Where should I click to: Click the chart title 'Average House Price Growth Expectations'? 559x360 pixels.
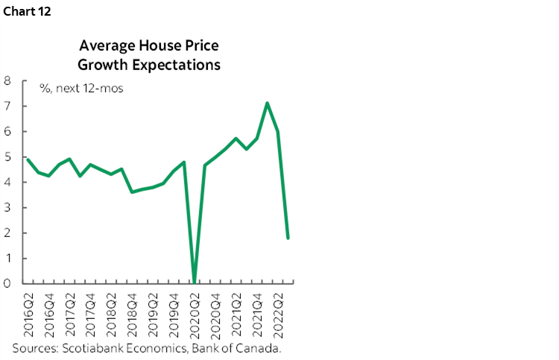(149, 55)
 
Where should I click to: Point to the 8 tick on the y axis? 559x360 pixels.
(7, 80)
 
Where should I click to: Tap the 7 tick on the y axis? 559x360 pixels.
(7, 106)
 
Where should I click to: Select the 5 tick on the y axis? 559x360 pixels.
(7, 157)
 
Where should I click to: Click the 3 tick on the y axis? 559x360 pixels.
(7, 207)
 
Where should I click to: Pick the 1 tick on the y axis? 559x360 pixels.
(7, 258)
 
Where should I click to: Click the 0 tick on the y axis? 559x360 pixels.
(7, 283)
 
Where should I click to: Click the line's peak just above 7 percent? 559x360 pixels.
(267, 103)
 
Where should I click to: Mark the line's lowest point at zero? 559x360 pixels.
(195, 282)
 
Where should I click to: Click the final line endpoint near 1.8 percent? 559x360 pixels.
(288, 238)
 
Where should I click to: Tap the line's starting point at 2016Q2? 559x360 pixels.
(28, 159)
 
